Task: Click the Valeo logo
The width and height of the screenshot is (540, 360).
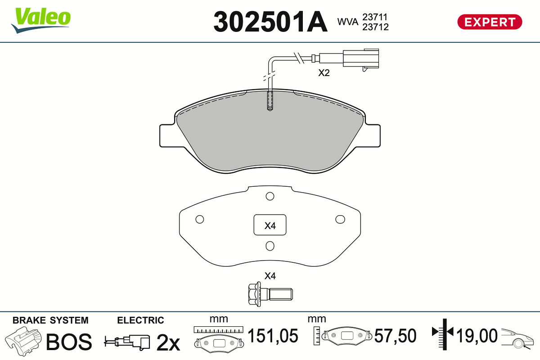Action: pyautogui.click(x=41, y=20)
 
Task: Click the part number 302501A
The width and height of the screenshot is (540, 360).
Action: pyautogui.click(x=270, y=22)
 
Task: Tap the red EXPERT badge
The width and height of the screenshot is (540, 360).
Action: pyautogui.click(x=490, y=22)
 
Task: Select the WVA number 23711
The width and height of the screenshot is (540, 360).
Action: pyautogui.click(x=375, y=17)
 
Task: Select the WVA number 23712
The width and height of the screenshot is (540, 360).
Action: pyautogui.click(x=375, y=27)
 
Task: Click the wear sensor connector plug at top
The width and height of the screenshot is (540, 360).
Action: pyautogui.click(x=360, y=58)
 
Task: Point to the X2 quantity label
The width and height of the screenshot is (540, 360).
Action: pyautogui.click(x=324, y=73)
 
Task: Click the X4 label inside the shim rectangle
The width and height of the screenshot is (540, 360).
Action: pyautogui.click(x=270, y=226)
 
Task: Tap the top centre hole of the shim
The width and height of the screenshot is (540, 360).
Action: pyautogui.click(x=270, y=196)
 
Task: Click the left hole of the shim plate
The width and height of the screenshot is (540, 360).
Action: pyautogui.click(x=200, y=220)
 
